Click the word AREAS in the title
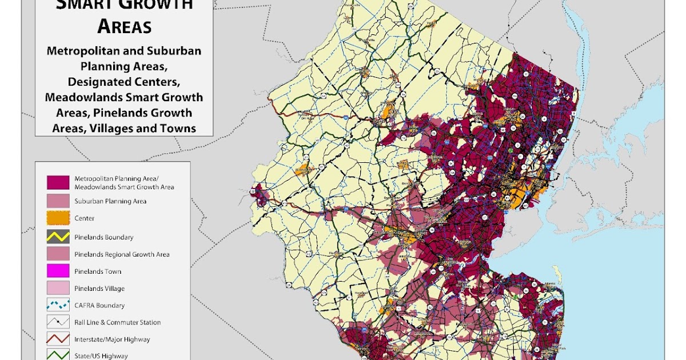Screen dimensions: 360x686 [124, 26]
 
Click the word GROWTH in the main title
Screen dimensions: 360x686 [157, 6]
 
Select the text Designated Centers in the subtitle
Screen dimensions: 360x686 [124, 82]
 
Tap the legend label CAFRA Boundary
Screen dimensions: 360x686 [99, 306]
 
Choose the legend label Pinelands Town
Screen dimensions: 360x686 [98, 271]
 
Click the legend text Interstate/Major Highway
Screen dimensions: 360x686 [112, 339]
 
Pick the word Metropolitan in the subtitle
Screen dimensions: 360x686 [81, 51]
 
